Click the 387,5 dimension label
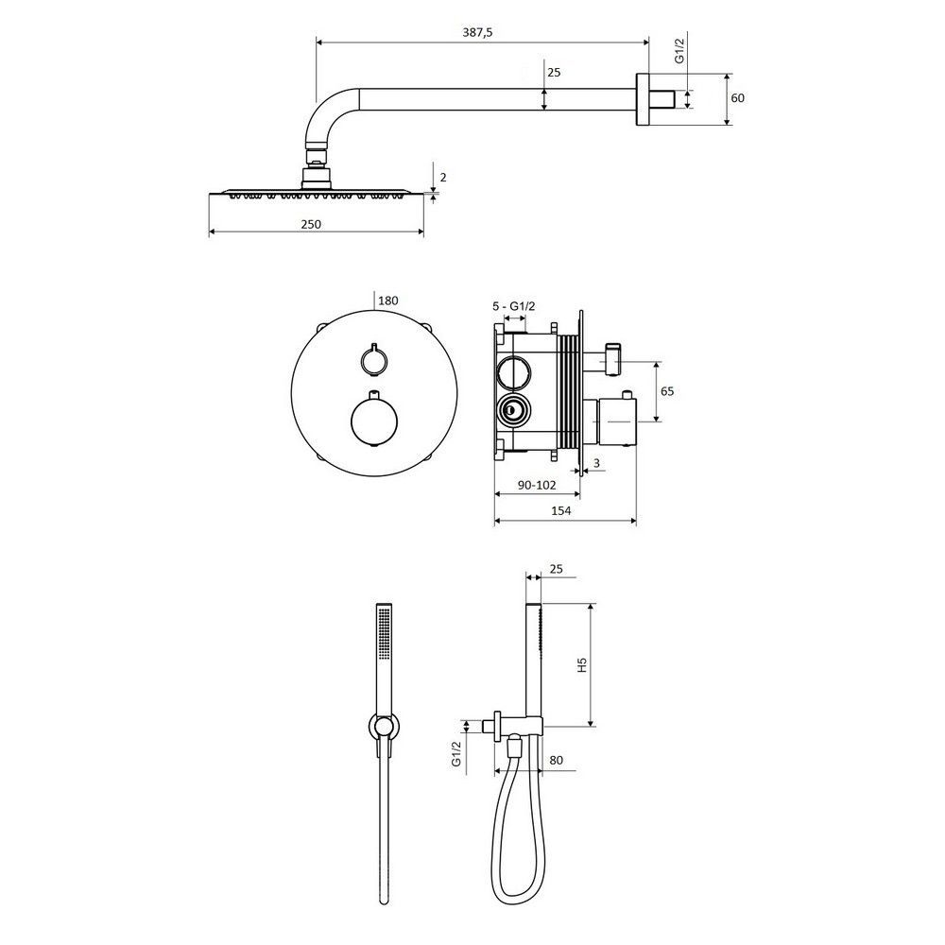click(x=477, y=32)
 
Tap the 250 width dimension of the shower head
click(x=311, y=224)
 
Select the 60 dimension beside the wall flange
click(x=737, y=97)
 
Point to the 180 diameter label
click(x=388, y=301)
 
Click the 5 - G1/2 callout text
click(x=513, y=306)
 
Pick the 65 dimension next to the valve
click(x=666, y=391)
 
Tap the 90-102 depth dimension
click(x=536, y=485)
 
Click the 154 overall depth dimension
click(x=560, y=510)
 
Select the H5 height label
click(x=581, y=664)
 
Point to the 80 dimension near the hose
click(x=556, y=760)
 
